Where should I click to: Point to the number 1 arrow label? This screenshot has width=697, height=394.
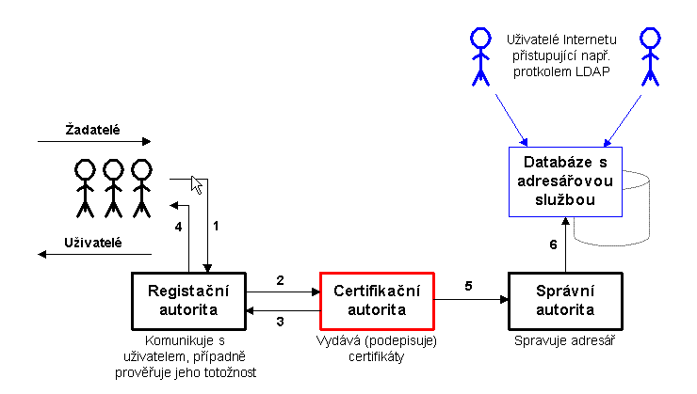click(x=216, y=226)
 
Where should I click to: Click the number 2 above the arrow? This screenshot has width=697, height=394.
click(x=280, y=280)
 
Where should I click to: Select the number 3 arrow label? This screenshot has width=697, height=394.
click(x=280, y=322)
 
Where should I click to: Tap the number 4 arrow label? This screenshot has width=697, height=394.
click(x=178, y=227)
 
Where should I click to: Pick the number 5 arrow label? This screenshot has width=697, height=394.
click(x=468, y=286)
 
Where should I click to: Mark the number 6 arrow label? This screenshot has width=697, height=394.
click(x=554, y=244)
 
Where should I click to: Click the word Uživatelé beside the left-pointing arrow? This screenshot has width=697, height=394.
click(x=94, y=243)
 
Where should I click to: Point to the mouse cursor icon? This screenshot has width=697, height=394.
click(x=197, y=184)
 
